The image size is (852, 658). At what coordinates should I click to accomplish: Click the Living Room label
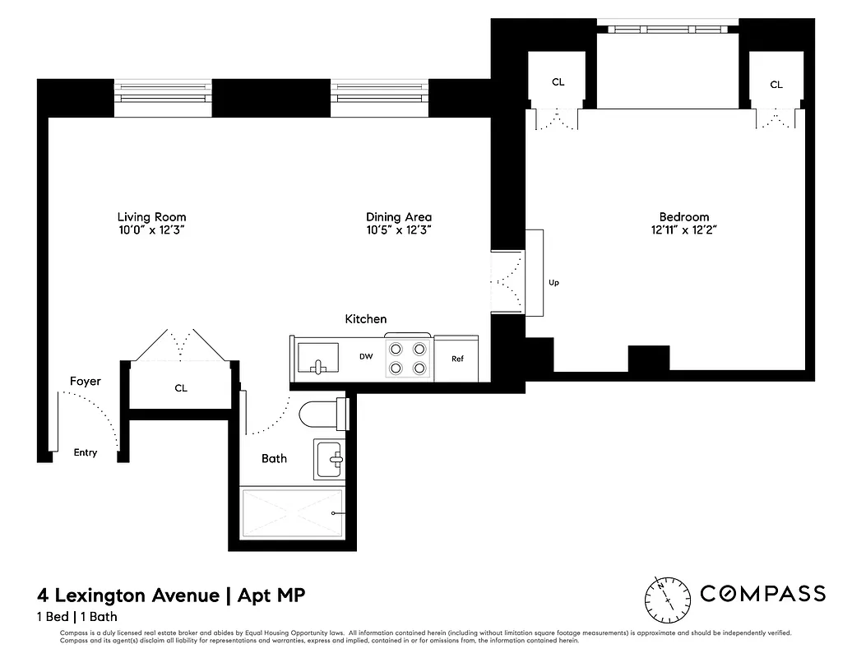point(151,217)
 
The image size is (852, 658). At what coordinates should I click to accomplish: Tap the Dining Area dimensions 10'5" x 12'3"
point(399,231)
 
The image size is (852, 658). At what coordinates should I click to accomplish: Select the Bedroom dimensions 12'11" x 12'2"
point(678,231)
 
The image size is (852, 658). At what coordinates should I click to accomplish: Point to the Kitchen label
point(365,319)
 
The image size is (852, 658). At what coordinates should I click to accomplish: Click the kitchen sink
point(317,359)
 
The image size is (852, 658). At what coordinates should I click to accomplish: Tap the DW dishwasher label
point(366,357)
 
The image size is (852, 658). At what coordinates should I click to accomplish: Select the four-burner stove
point(409,358)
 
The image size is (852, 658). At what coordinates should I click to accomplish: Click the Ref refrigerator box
point(457,359)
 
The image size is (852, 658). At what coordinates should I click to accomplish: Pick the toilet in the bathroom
point(322,412)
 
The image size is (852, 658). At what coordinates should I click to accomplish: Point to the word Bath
point(274,458)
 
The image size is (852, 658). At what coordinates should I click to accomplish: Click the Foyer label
point(85,381)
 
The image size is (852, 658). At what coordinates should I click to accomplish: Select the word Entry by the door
point(86,452)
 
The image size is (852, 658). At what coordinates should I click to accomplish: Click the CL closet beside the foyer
point(181,387)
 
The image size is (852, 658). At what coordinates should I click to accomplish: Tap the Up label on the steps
point(553,283)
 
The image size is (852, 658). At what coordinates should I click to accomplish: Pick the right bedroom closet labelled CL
point(776,84)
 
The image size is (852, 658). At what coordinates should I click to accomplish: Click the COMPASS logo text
point(762,594)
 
